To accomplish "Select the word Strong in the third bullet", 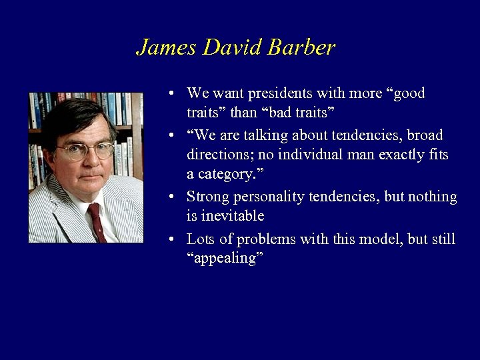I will click(x=208, y=197).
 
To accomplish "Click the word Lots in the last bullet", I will click(x=200, y=239).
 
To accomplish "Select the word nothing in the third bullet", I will click(x=433, y=197).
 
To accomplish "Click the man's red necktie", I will click(x=96, y=220).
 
